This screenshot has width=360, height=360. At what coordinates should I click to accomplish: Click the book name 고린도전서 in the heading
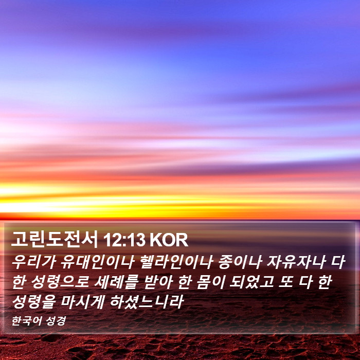point(55,240)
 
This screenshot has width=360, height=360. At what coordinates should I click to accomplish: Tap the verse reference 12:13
point(124,240)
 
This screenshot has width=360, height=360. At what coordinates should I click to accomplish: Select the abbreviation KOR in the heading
point(169,240)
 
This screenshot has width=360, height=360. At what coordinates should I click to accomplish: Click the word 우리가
point(34,262)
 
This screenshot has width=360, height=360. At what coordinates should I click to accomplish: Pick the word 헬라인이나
point(177,262)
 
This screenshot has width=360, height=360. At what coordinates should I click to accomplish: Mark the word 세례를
point(116,282)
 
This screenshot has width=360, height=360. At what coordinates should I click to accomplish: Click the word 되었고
point(252,282)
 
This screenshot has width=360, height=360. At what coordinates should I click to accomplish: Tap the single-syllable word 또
point(286,282)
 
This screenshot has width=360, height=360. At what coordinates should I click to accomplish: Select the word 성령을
point(34,301)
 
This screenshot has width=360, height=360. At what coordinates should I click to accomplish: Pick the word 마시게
point(83,301)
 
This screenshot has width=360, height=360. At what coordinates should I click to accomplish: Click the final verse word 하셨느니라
point(147,301)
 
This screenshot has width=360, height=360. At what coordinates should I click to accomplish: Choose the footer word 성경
point(56,320)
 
